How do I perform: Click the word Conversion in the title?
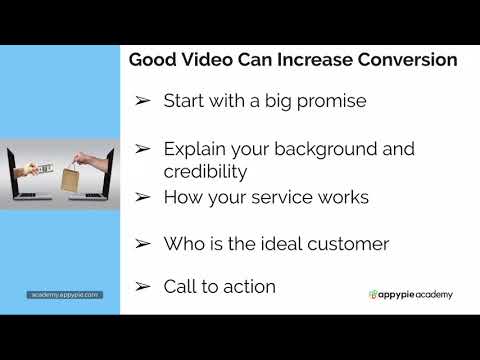coord(403,60)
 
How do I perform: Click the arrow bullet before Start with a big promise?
coord(143,101)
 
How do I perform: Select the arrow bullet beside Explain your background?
coord(143,149)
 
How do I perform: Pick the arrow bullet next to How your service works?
coord(143,197)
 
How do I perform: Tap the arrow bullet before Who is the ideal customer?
coord(143,243)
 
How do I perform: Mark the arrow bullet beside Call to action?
coord(143,287)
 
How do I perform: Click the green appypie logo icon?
coord(372,295)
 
